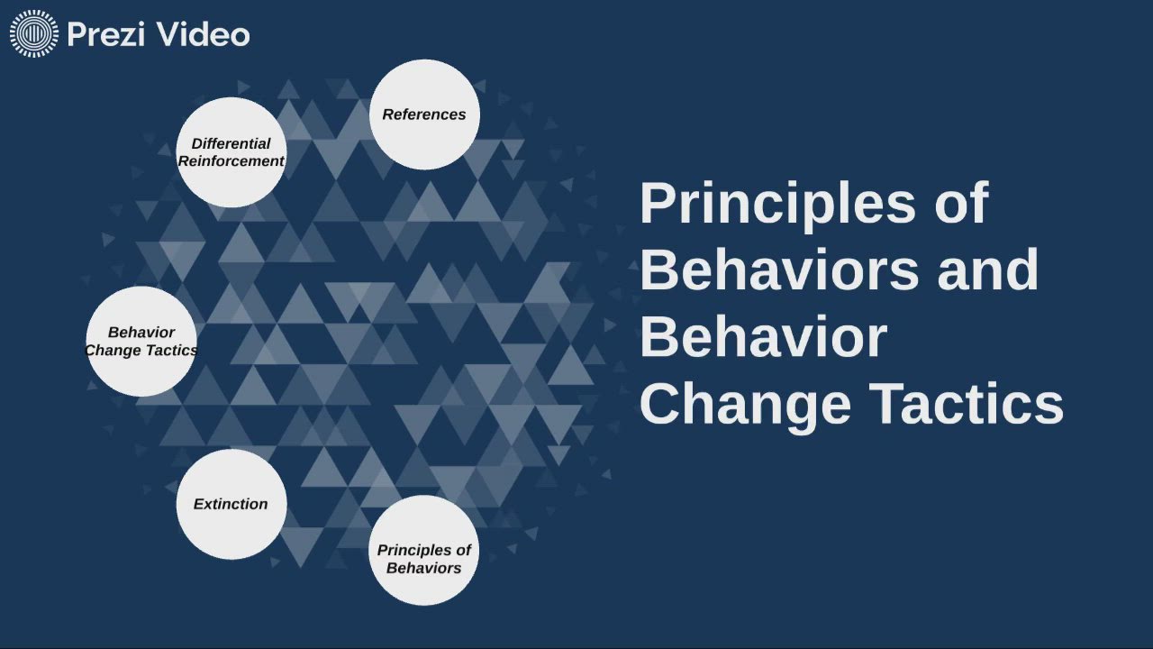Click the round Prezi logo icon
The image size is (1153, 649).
pyautogui.click(x=33, y=34)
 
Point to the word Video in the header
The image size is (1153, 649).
pyautogui.click(x=202, y=35)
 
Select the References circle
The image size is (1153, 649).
pyautogui.click(x=424, y=114)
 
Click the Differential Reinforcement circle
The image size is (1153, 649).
pyautogui.click(x=232, y=152)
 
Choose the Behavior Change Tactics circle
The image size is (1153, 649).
pyautogui.click(x=141, y=342)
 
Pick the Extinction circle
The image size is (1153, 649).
pyautogui.click(x=232, y=504)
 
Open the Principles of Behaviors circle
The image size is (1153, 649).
pyautogui.click(x=423, y=550)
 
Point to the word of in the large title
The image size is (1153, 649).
pyautogui.click(x=961, y=204)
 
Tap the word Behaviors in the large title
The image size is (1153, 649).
pyautogui.click(x=780, y=270)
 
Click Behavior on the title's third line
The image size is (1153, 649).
pyautogui.click(x=763, y=336)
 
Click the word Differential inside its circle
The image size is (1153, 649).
pyautogui.click(x=232, y=143)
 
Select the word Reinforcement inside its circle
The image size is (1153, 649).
pyautogui.click(x=232, y=161)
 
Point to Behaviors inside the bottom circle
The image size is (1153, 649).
pyautogui.click(x=423, y=568)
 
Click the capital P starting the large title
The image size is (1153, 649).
pyautogui.click(x=656, y=204)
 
